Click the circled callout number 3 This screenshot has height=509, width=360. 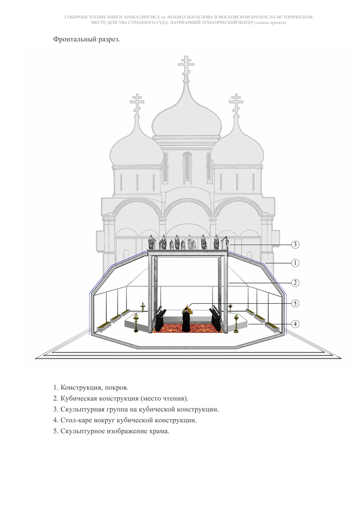295,244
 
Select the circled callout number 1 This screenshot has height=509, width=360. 295,263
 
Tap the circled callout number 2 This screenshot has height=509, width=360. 295,283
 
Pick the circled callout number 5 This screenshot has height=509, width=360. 295,303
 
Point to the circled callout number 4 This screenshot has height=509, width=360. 295,324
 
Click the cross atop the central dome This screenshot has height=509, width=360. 186,68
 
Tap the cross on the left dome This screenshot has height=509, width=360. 137,104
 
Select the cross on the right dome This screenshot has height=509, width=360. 236,104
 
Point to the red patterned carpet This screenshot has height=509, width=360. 188,328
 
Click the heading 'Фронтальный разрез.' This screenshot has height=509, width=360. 87,40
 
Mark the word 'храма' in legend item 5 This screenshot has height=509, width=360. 159,431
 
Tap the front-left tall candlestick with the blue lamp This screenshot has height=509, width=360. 135,323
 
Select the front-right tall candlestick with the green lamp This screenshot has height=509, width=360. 236,323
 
